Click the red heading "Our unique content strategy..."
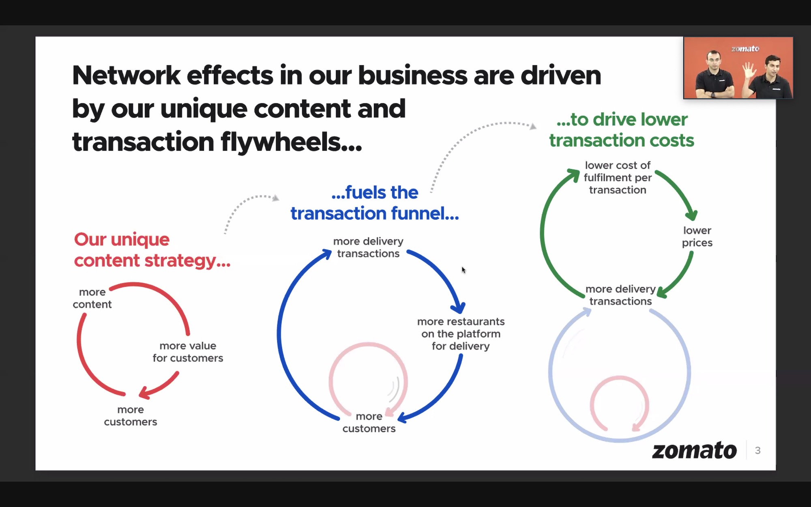coord(152,250)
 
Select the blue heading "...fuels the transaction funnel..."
coord(375,203)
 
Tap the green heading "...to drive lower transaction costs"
coord(622,130)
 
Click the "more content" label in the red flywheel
coord(92,298)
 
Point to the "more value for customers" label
coord(188,352)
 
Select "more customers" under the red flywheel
coord(131,416)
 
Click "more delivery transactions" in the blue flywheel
coord(368,247)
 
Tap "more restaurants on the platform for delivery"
coord(461,334)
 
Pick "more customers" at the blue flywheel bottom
coord(369,422)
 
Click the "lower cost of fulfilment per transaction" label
coord(618,178)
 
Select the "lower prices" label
coord(697,236)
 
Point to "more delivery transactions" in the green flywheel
coord(620,295)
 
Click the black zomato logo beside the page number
coord(694,451)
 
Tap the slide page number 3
coord(757,450)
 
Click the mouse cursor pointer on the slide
coord(463,270)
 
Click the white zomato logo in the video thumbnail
coord(745,49)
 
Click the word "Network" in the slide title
coord(126,75)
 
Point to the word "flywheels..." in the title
coord(291,142)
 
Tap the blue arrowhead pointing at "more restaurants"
coord(458,308)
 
